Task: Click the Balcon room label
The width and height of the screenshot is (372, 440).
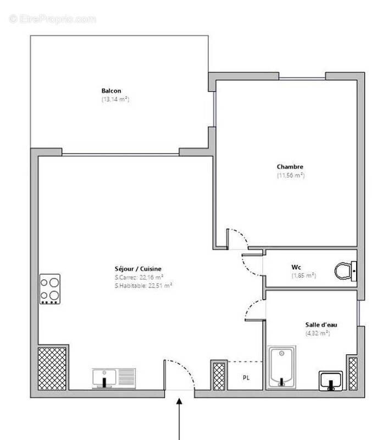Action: pos(111,91)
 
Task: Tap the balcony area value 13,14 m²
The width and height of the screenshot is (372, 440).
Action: pos(115,100)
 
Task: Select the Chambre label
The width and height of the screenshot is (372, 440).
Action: pos(290,167)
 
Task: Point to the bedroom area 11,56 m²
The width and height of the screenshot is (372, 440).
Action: pos(290,175)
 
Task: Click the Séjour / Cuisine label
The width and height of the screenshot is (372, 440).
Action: pos(138,269)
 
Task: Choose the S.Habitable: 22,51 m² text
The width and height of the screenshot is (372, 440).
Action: pos(143,285)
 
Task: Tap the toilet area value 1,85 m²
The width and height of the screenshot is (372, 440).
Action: pos(303,276)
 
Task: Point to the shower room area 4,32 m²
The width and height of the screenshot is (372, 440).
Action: pos(317,333)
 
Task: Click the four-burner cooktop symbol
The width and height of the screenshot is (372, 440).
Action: pos(49,289)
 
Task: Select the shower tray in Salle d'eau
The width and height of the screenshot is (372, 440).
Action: pos(282,366)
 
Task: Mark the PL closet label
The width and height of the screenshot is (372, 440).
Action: pos(246,378)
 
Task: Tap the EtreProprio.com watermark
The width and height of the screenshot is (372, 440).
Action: pos(53,19)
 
